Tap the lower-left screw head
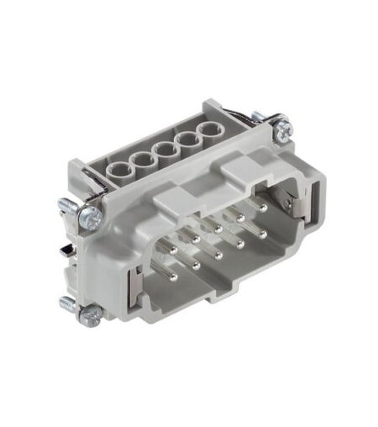click(90, 314)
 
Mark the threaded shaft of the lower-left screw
click(70, 303)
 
